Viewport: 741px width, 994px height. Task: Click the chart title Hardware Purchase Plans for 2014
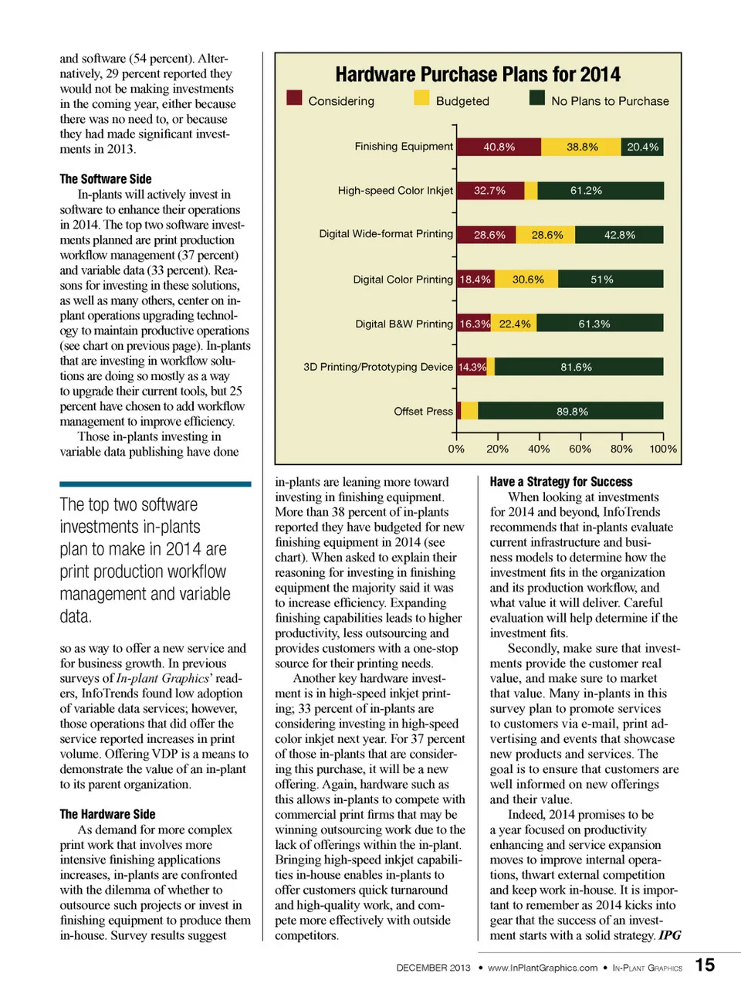pos(477,75)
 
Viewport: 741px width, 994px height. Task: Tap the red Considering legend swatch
pos(294,98)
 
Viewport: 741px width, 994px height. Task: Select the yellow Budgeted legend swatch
pos(421,98)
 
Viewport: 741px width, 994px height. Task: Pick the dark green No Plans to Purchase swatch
pos(537,98)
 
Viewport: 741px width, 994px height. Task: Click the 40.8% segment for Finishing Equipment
pos(499,147)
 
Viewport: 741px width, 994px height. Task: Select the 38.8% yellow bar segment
pos(581,147)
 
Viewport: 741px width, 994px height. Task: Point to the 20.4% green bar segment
pos(642,147)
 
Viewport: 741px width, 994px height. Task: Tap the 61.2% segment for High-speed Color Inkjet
pos(601,191)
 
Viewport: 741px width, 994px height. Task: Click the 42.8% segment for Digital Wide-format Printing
pos(619,235)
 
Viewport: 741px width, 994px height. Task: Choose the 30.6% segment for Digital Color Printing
pos(527,280)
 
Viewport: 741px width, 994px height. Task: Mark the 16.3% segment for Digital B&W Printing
pos(474,324)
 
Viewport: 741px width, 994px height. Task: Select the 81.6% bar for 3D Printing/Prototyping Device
pos(578,367)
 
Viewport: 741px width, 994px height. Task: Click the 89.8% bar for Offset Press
pos(570,412)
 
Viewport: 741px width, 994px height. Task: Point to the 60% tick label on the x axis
pos(580,449)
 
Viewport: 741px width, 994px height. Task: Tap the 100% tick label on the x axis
pos(662,449)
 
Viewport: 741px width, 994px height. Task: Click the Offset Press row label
pos(423,412)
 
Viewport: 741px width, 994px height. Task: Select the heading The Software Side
pos(106,179)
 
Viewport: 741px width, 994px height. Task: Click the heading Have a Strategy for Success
pos(560,482)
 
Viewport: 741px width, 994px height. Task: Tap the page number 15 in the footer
pos(705,965)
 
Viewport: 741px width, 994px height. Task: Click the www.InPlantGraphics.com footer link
pos(542,968)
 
